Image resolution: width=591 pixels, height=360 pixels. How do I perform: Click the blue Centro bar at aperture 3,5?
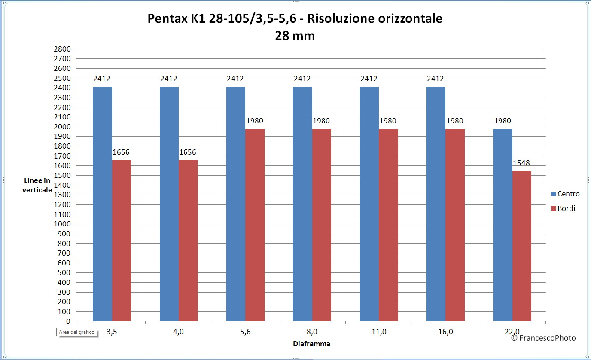coord(102,204)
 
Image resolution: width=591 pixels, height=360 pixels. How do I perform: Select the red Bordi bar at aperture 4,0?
coord(188,241)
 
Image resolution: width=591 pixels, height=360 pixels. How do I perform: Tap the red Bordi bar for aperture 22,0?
coord(521,246)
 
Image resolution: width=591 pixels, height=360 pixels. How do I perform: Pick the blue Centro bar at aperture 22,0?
coord(503,225)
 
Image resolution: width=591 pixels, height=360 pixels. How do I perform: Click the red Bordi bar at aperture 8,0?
coord(322,225)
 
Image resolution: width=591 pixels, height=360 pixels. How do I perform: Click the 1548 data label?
coord(521,163)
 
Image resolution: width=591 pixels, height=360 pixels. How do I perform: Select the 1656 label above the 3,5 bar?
coord(121,152)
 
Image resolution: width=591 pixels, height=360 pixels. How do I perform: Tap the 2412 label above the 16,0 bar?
coord(436,79)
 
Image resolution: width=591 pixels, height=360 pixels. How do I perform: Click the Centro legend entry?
coord(565,194)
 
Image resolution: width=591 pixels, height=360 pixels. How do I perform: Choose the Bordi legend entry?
coord(563,208)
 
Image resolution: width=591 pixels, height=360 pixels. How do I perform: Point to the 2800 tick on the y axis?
coord(62,49)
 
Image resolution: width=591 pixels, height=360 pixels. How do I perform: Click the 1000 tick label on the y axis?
coord(62,224)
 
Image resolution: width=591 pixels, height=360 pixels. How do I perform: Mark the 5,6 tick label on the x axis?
coord(245,332)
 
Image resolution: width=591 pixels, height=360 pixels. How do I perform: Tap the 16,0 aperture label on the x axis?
coord(446,332)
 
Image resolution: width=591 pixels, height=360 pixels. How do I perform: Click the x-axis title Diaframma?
coord(311,344)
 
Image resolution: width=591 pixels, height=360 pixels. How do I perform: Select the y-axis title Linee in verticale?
coord(37,185)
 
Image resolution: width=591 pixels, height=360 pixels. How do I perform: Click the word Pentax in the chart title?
coord(167,18)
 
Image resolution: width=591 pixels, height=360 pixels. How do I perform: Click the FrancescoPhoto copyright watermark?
coord(543,338)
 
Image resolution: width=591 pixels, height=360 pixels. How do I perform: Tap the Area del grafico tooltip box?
coord(77,332)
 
